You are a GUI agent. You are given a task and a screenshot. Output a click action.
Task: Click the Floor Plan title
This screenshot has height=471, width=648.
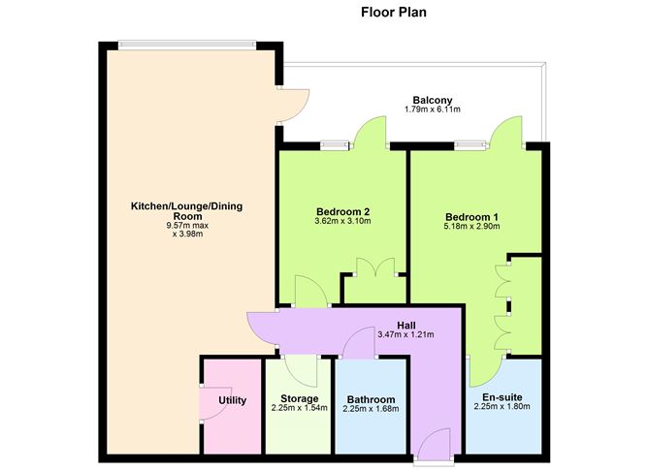click(x=393, y=14)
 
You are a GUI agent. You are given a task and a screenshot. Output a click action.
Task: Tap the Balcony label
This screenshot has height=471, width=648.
click(x=432, y=100)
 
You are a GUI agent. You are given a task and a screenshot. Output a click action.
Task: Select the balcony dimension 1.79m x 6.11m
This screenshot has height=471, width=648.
click(x=432, y=110)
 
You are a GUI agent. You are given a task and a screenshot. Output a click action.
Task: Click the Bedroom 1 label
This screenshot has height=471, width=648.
click(x=472, y=216)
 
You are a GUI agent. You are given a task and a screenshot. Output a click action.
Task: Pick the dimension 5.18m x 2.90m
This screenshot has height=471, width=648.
click(x=472, y=226)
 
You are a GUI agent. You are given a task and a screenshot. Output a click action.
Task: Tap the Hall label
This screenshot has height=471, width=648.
click(x=407, y=325)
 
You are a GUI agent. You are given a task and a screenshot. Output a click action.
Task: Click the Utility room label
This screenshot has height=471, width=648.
click(x=232, y=400)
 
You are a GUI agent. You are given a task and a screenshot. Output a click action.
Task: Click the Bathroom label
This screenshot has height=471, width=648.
click(x=370, y=399)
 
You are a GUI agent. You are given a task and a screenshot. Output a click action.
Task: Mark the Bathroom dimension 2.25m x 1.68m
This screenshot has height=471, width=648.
click(x=370, y=409)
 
